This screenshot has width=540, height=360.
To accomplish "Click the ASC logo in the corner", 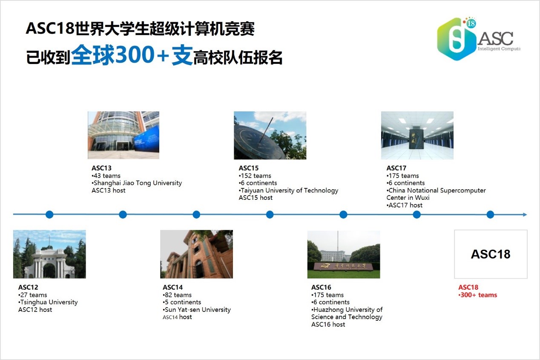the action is pyautogui.click(x=479, y=39).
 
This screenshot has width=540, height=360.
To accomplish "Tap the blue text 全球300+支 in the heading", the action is pyautogui.click(x=132, y=55).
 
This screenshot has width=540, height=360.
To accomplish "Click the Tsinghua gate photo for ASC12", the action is pyautogui.click(x=49, y=254).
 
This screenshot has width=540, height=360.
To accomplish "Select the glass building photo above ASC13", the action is pyautogui.click(x=124, y=135).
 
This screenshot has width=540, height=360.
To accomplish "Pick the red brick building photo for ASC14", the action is pyautogui.click(x=196, y=254).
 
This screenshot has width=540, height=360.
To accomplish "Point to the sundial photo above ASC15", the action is pyautogui.click(x=270, y=135).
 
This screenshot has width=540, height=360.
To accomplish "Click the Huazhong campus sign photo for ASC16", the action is pyautogui.click(x=344, y=254).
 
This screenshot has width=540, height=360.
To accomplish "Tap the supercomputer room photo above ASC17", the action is pyautogui.click(x=417, y=135).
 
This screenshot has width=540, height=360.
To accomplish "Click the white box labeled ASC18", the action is pyautogui.click(x=491, y=254).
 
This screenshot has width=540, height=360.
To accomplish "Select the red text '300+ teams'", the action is pyautogui.click(x=478, y=295).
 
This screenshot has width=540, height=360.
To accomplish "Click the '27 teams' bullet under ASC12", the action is pyautogui.click(x=32, y=295).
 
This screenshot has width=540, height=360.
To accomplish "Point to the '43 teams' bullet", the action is pyautogui.click(x=106, y=176).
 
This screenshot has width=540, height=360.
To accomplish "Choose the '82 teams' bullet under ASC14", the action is pyautogui.click(x=177, y=295).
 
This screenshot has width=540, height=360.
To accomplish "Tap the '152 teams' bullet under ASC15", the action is pyautogui.click(x=255, y=176).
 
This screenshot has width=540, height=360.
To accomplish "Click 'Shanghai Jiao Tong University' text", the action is pyautogui.click(x=137, y=183).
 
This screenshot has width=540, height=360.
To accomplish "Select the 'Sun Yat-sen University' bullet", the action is pyautogui.click(x=197, y=310).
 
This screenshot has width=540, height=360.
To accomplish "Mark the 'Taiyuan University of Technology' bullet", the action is pyautogui.click(x=289, y=190).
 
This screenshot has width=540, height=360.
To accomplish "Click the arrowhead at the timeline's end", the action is pyautogui.click(x=525, y=214).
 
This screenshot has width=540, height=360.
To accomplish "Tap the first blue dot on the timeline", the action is pyautogui.click(x=49, y=214).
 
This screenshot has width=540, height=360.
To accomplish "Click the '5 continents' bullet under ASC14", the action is pyautogui.click(x=182, y=302).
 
